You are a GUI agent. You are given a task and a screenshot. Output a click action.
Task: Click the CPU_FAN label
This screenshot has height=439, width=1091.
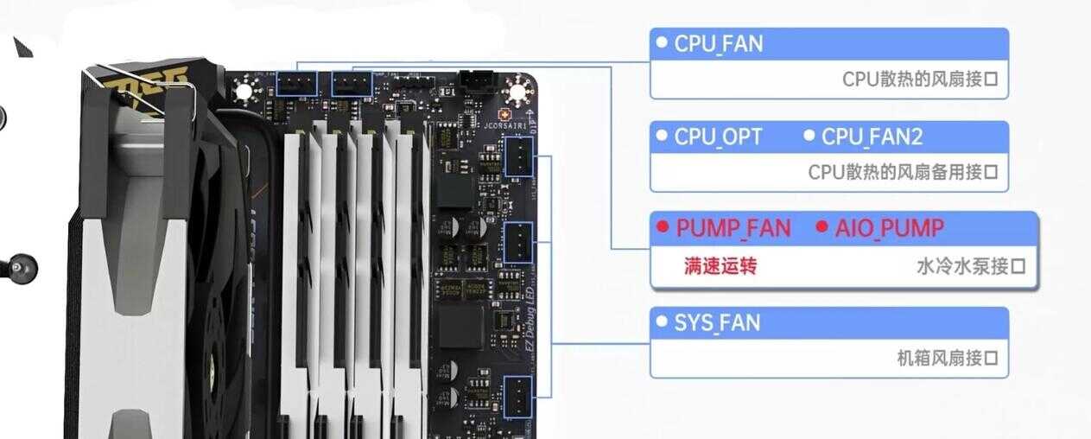(718, 43)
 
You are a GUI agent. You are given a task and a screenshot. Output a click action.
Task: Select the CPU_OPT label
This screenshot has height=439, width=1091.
(718, 137)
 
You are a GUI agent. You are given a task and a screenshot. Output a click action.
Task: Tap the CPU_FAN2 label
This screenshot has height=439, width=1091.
(872, 137)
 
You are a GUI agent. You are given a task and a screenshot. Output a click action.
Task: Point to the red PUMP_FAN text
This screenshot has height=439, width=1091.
(733, 228)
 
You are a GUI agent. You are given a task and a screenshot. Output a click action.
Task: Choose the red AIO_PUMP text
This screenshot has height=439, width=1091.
(889, 228)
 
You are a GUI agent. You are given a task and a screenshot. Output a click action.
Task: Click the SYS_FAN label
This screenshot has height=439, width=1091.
(717, 323)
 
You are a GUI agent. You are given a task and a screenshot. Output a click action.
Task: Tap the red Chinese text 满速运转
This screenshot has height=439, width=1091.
(719, 266)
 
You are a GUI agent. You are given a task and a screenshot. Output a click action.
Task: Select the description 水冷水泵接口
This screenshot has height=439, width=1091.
(971, 266)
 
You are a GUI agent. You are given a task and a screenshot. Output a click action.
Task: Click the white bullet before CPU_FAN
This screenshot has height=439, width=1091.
(662, 42)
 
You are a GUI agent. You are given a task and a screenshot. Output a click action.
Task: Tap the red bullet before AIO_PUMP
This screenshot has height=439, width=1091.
(822, 227)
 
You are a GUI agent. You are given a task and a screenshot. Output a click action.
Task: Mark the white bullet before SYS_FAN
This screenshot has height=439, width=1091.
(662, 322)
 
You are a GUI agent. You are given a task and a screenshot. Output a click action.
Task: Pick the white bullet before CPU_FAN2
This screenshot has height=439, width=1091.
(809, 136)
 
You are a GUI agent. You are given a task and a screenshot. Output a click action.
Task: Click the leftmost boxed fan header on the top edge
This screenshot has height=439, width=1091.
(297, 84)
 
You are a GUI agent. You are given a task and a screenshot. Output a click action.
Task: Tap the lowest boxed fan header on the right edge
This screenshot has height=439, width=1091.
(517, 396)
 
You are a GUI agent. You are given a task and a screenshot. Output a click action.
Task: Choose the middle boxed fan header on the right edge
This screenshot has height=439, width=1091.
(517, 243)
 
